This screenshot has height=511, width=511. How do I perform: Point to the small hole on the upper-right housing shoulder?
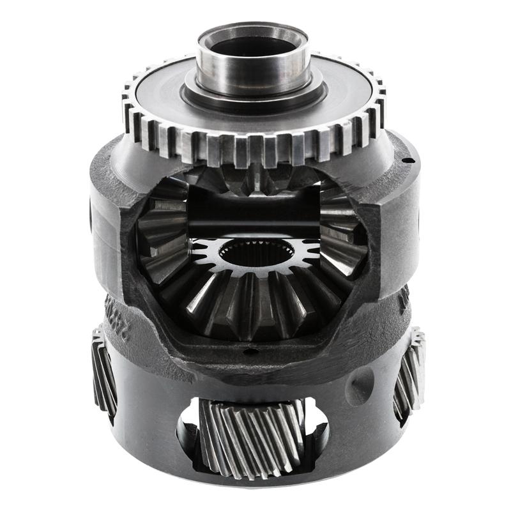(x=405, y=159)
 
